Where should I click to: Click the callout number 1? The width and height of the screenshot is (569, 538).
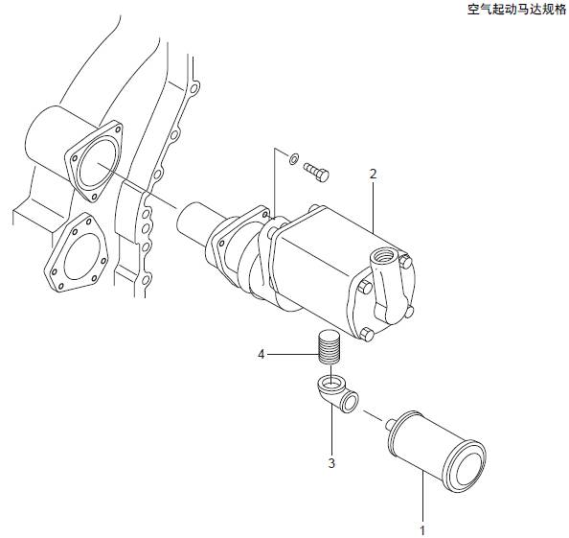[x=422, y=530]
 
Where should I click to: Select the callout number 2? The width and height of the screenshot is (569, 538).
[x=373, y=175]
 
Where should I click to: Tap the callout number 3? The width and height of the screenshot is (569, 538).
[x=331, y=463]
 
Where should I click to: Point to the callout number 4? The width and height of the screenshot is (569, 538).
[x=262, y=354]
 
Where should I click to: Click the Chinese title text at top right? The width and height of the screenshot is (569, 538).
[x=516, y=10]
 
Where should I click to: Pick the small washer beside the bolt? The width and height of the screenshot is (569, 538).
[x=293, y=158]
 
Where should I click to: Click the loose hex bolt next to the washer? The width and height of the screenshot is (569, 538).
[x=316, y=172]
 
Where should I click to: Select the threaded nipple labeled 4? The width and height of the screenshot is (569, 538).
[x=330, y=346]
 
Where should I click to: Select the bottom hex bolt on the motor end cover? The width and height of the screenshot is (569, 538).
[x=367, y=334]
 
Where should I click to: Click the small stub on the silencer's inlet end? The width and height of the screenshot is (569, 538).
[x=391, y=424]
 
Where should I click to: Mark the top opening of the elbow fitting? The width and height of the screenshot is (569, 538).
[x=330, y=383]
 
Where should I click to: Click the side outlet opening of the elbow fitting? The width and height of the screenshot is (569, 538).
[x=350, y=402]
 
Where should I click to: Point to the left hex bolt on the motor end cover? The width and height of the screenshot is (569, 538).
[x=364, y=287]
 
